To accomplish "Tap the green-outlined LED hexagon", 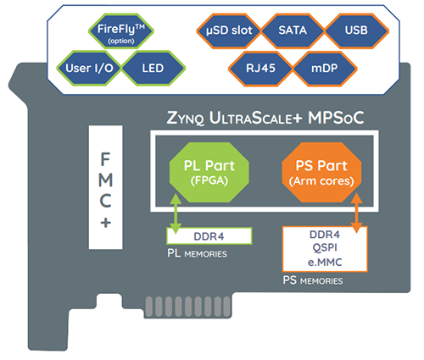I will [x=153, y=65].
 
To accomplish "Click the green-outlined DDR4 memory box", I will [x=209, y=233].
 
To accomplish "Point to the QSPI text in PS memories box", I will [x=324, y=246].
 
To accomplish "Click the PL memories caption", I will [x=197, y=252].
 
